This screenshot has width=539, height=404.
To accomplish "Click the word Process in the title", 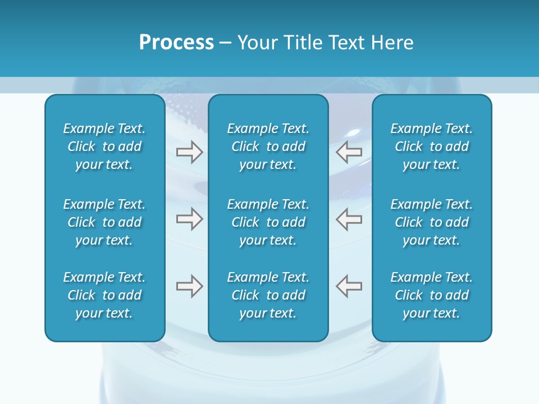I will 176,43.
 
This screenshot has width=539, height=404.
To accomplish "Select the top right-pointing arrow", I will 189,152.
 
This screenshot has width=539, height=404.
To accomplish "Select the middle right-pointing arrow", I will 189,219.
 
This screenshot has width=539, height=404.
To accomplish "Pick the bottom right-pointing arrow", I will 189,286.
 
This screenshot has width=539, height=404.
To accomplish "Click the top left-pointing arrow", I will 349,152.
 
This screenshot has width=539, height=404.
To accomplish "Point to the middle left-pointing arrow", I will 349,219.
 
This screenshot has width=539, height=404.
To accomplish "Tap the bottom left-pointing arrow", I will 349,286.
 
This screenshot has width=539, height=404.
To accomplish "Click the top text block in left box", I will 104,146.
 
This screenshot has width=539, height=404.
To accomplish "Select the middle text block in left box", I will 104,222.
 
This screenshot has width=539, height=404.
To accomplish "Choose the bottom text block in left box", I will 104,295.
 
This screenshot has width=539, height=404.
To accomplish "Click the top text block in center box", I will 268,146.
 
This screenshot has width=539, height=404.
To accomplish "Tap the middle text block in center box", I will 268,222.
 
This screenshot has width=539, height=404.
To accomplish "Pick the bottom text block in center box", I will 268,295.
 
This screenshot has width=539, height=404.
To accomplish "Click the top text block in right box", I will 432,146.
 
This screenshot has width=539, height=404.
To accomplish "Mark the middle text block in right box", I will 432,222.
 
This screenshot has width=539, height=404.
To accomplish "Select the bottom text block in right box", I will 432,295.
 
